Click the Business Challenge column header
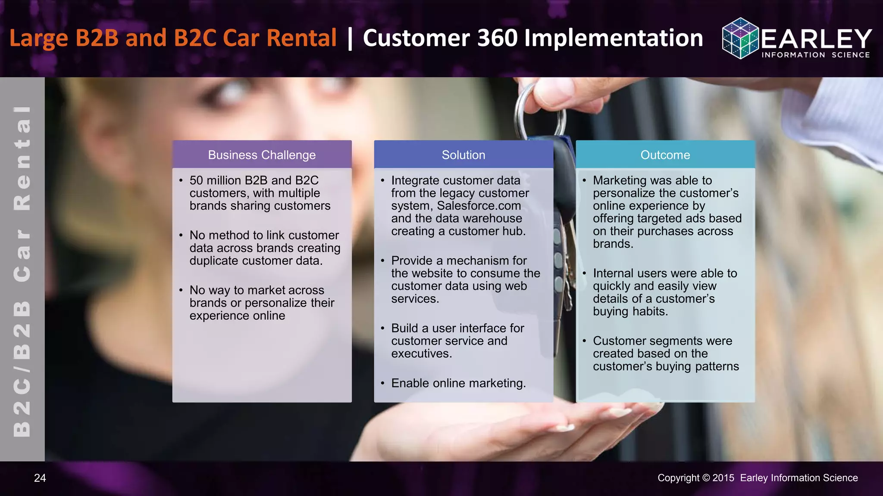[x=262, y=155]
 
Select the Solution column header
[x=463, y=155]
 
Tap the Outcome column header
[x=665, y=155]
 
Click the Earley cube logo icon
[x=740, y=38]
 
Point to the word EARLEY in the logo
[x=816, y=39]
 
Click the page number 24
[x=40, y=478]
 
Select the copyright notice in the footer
[x=758, y=478]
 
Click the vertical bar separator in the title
[x=350, y=38]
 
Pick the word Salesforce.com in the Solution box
[x=479, y=206]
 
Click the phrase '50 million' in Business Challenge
[x=215, y=180]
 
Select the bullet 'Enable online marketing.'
[x=458, y=383]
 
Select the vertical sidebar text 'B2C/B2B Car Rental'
[x=22, y=271]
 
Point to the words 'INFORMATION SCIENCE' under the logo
[x=816, y=55]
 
